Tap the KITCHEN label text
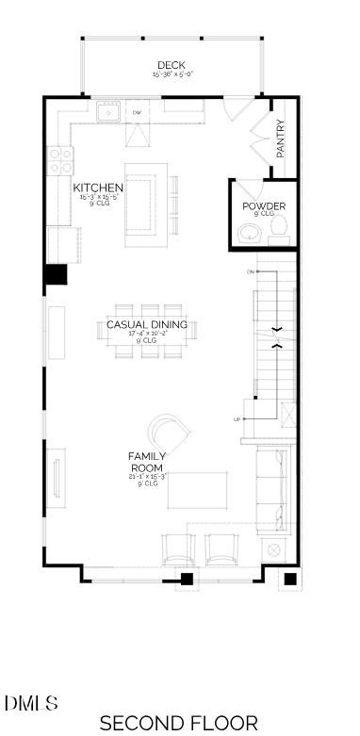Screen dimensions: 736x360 (98, 188)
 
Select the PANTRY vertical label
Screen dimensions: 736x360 (281, 138)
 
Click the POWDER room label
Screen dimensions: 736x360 (264, 206)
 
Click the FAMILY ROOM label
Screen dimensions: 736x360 (146, 462)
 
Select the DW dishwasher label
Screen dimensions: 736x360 (137, 113)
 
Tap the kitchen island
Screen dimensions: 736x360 (146, 202)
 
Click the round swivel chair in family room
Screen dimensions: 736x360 (170, 434)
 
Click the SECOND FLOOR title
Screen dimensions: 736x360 (178, 723)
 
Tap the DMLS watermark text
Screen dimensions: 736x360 (31, 703)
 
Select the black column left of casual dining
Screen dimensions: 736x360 (56, 274)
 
